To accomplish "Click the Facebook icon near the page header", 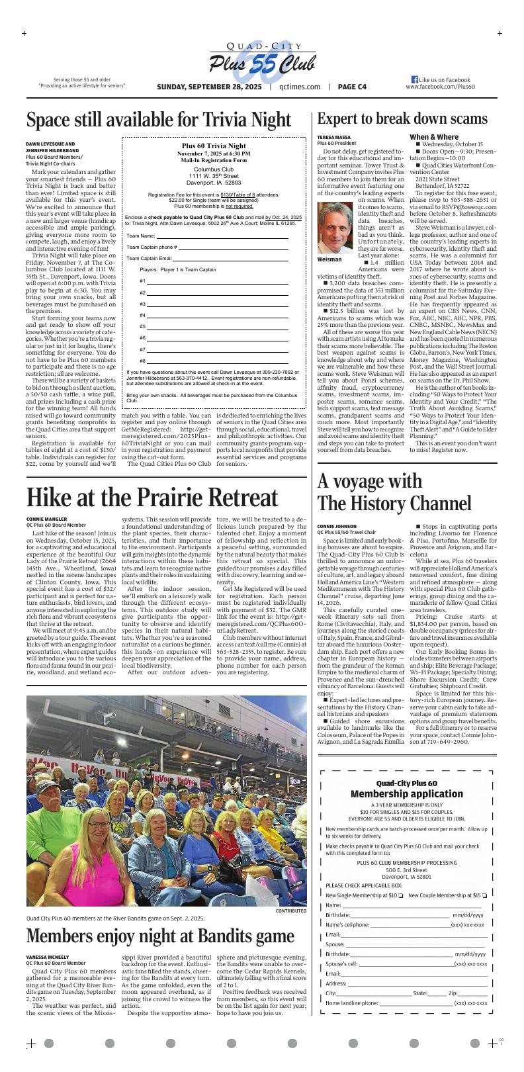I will [x=415, y=79].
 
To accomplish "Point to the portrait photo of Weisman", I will [x=335, y=228].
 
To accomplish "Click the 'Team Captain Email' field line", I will [x=231, y=258].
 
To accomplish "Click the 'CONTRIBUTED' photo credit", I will [x=291, y=911].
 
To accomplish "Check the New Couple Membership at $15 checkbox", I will [x=484, y=895].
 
